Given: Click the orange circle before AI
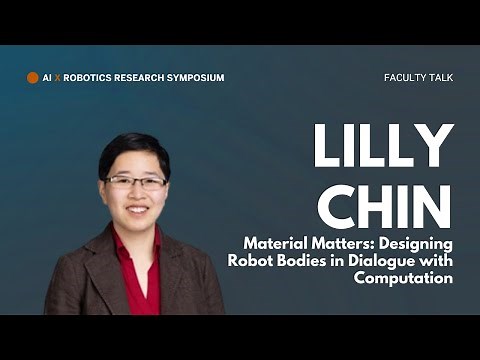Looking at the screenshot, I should tap(33, 77).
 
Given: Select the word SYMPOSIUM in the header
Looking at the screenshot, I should tap(195, 77).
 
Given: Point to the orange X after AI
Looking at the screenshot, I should tap(58, 77).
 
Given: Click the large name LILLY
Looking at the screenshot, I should tap(381, 148).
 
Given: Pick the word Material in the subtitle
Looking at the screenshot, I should tap(275, 243).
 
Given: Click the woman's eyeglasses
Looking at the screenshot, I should tap(136, 182).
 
